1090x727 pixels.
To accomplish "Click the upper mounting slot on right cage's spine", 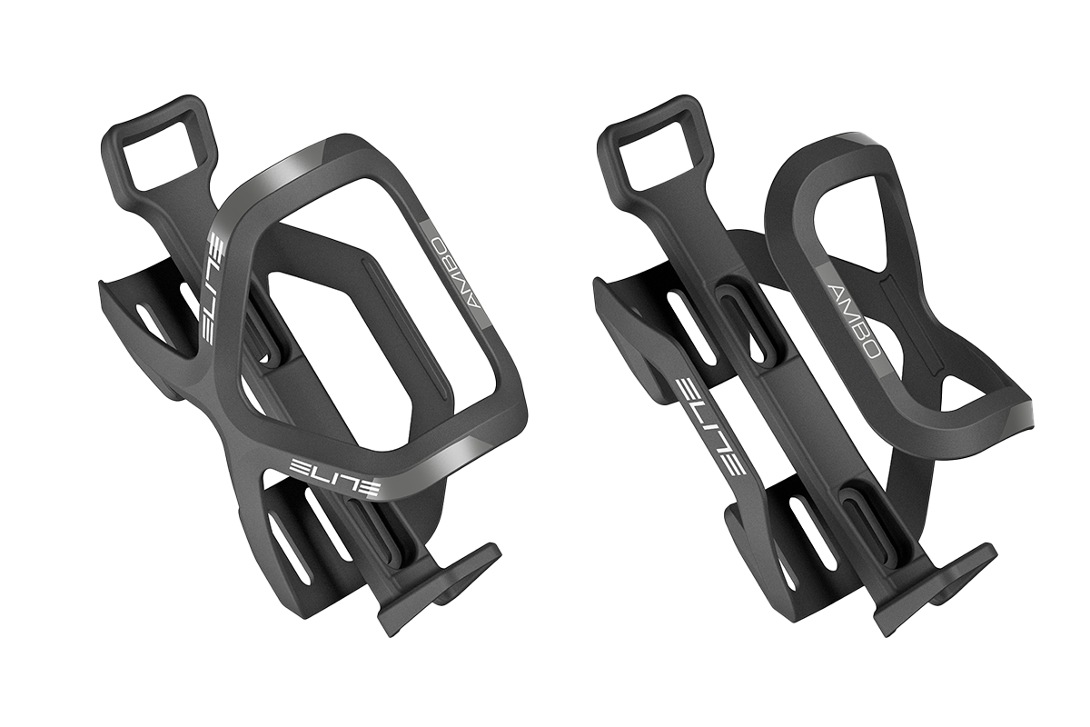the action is click(x=746, y=315).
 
